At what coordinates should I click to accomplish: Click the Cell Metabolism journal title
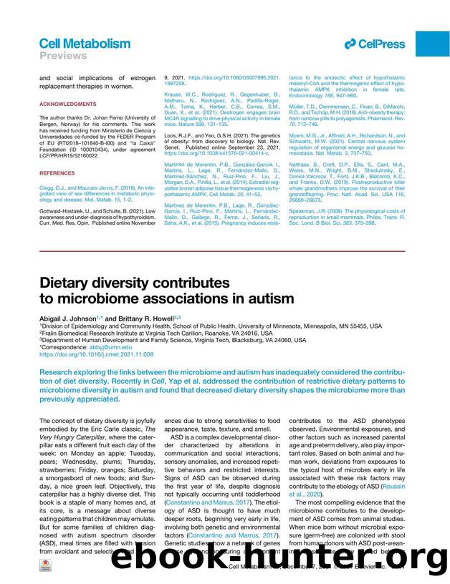[x=85, y=44]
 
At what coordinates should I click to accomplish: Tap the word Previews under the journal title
[x=62, y=56]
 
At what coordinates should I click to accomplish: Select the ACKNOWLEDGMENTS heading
[x=67, y=104]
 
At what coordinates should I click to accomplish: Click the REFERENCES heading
[x=59, y=172]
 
